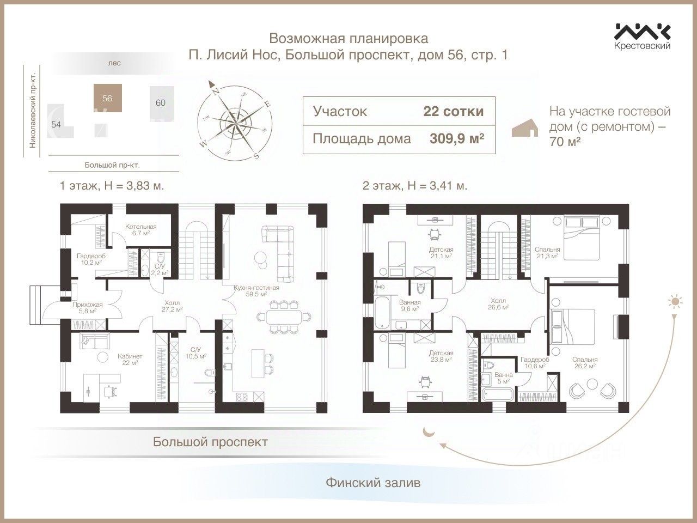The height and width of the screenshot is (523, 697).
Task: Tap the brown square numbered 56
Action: click(x=107, y=98)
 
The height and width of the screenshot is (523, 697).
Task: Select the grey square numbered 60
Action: click(x=160, y=102)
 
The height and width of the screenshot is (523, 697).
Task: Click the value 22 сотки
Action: click(x=453, y=112)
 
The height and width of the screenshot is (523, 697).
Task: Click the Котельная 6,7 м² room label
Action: click(x=140, y=229)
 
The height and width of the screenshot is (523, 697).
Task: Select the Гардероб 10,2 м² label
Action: click(x=90, y=258)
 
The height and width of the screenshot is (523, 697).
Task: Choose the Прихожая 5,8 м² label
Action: click(x=84, y=308)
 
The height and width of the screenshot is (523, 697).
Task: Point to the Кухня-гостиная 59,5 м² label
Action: click(x=256, y=291)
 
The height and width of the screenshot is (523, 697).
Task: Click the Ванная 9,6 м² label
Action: click(x=409, y=306)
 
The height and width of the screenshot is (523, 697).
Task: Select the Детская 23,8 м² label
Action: click(x=441, y=356)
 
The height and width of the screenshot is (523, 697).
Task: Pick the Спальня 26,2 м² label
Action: click(x=585, y=363)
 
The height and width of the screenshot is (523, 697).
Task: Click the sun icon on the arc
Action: click(x=676, y=301)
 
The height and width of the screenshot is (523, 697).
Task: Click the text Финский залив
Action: click(x=373, y=483)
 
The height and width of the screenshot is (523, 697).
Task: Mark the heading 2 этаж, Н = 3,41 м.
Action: click(x=414, y=185)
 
